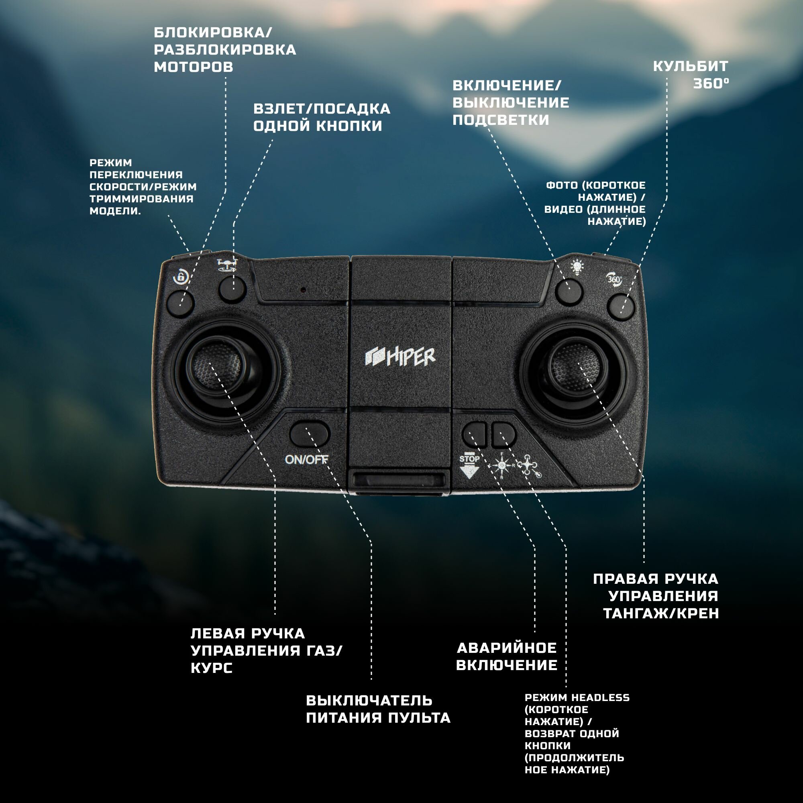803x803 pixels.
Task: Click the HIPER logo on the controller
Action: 400,357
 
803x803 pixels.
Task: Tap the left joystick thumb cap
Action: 217,366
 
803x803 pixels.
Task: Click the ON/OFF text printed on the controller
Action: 306,459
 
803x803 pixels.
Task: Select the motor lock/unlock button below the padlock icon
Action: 180,304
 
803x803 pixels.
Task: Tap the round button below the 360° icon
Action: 621,307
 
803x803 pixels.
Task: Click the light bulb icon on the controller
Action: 577,267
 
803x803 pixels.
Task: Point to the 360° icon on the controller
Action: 614,279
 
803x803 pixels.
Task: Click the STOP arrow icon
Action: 469,465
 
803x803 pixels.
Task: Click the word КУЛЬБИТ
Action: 690,67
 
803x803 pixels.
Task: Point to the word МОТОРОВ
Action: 193,67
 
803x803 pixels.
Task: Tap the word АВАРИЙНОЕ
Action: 507,648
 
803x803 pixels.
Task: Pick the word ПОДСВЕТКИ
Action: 501,120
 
